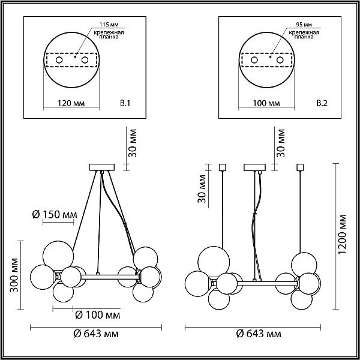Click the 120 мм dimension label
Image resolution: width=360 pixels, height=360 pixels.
pyautogui.click(x=71, y=103)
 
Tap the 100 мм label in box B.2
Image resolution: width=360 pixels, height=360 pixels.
pyautogui.click(x=266, y=103)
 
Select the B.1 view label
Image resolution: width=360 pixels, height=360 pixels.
pyautogui.click(x=125, y=104)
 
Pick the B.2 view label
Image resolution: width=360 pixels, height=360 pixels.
pyautogui.click(x=322, y=104)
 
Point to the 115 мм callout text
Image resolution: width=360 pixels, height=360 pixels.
pyautogui.click(x=109, y=25)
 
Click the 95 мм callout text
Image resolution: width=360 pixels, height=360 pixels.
pyautogui.click(x=304, y=25)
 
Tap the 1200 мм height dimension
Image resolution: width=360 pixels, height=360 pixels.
pyautogui.click(x=342, y=235)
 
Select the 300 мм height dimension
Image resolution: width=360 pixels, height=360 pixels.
pyautogui.click(x=14, y=275)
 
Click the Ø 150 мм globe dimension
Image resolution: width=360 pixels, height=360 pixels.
pyautogui.click(x=55, y=215)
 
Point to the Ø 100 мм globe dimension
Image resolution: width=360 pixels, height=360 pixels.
pyautogui.click(x=98, y=315)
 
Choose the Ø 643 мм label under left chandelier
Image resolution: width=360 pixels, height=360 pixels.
pyautogui.click(x=96, y=334)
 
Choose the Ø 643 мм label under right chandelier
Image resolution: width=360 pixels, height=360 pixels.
pyautogui.click(x=259, y=334)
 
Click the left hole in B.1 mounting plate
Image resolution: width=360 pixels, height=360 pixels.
pyautogui.click(x=59, y=60)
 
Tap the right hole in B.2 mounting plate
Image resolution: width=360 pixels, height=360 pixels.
pyautogui.click(x=280, y=60)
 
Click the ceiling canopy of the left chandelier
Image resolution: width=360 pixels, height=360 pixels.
pyautogui.click(x=102, y=167)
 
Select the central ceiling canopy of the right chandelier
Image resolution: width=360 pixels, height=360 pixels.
pyautogui.click(x=255, y=167)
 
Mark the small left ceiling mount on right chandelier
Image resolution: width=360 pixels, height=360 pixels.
pyautogui.click(x=223, y=167)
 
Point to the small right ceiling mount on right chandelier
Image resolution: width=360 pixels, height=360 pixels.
pyautogui.click(x=301, y=167)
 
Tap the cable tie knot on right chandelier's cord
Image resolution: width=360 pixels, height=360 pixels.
pyautogui.click(x=254, y=214)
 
